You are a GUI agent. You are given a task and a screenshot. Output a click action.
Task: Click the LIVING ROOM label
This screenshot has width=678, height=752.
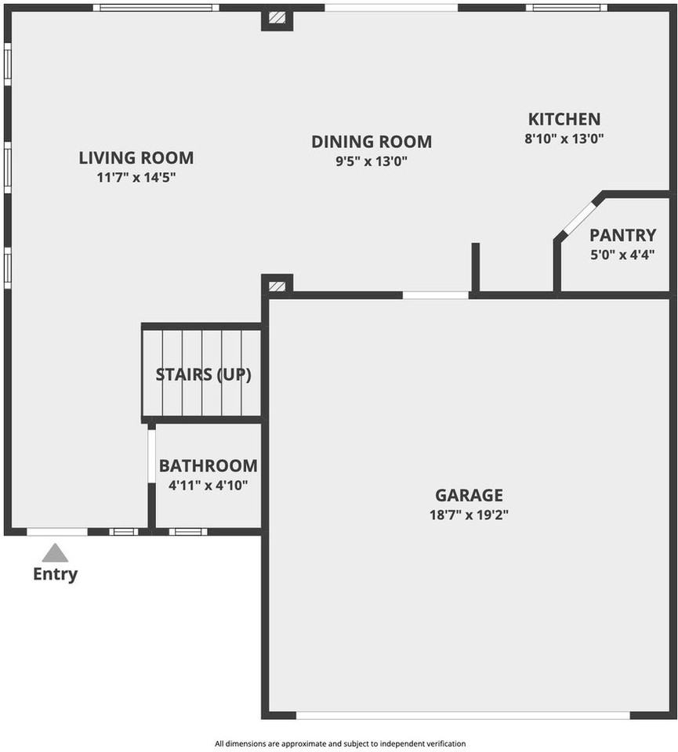[136, 158]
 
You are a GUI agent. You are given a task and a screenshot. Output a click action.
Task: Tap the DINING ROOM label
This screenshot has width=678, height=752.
[372, 142]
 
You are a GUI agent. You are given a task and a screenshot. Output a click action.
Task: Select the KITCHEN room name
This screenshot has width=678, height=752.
[564, 119]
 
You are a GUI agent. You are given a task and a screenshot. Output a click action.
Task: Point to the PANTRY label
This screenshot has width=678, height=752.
[622, 235]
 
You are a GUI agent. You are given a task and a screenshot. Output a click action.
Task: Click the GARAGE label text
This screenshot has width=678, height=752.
[469, 495]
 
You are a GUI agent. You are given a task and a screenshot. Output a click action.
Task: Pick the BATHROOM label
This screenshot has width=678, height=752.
[208, 466]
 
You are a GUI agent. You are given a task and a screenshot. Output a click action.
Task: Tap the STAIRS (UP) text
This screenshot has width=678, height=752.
[203, 374]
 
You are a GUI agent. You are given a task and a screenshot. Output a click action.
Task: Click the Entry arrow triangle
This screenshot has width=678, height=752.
[55, 554]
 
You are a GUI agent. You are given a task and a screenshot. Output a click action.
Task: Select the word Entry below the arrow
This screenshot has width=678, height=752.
[55, 574]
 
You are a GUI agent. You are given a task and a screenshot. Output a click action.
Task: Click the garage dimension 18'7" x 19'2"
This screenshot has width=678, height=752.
[469, 515]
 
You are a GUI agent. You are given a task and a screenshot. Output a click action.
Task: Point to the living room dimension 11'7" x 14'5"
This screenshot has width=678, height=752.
[136, 177]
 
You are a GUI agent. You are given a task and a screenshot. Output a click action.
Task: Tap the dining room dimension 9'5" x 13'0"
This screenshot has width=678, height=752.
[372, 161]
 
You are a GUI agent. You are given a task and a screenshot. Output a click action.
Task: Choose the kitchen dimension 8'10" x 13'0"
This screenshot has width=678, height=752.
[564, 139]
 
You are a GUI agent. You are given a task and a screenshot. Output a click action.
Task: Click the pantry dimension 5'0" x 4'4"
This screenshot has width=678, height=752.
[622, 254]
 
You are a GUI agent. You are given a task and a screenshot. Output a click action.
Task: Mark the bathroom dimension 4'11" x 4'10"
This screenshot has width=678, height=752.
[208, 485]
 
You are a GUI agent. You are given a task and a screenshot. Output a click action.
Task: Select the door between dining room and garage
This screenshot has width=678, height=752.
[436, 295]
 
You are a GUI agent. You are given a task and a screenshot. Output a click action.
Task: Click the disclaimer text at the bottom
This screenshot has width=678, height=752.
[340, 743]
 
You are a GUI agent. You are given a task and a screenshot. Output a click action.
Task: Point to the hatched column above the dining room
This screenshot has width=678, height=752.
[277, 17]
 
